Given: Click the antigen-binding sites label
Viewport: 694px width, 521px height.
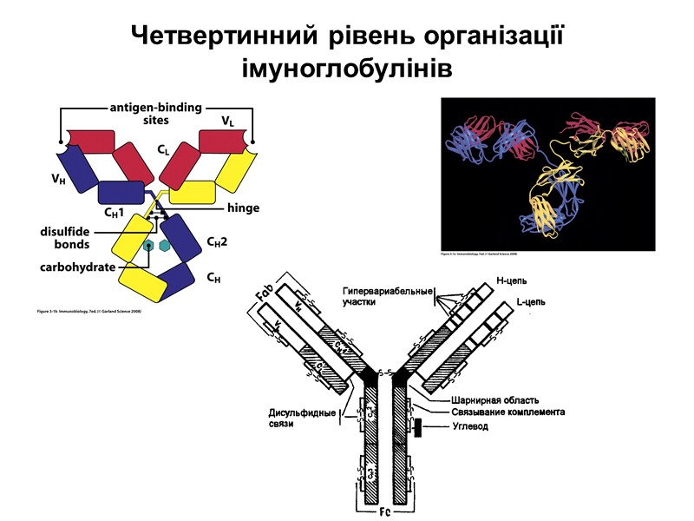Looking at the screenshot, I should [x=155, y=114].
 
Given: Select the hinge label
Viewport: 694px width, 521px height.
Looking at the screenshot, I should [x=242, y=208].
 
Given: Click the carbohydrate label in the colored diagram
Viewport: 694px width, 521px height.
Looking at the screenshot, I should [x=76, y=267].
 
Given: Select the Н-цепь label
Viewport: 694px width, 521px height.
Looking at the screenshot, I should [x=512, y=281].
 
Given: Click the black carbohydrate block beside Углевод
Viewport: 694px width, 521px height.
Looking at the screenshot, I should [x=418, y=427].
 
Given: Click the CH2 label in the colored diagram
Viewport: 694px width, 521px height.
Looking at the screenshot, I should [x=217, y=241].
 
